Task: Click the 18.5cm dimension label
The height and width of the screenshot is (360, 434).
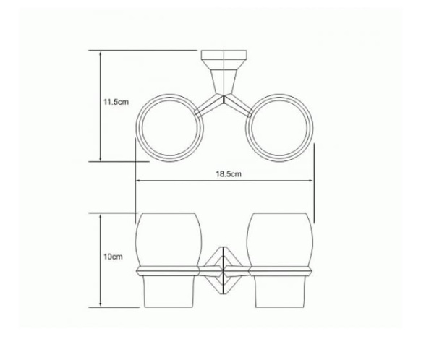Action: point(227,174)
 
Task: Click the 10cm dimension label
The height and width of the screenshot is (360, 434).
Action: point(113,257)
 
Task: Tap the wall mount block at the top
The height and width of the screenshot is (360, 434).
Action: point(222,58)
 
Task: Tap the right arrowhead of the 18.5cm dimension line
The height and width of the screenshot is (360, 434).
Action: point(312,181)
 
